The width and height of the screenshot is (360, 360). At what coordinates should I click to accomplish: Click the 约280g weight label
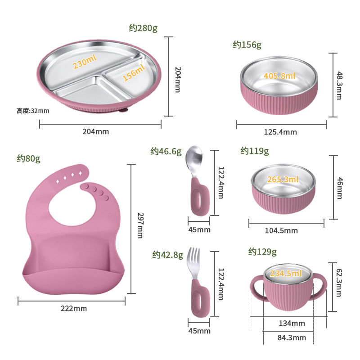(143, 28)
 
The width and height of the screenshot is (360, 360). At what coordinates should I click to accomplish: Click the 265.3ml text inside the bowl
(283, 180)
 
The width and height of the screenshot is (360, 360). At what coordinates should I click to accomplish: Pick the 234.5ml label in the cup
(285, 273)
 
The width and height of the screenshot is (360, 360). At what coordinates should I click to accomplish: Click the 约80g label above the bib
(29, 158)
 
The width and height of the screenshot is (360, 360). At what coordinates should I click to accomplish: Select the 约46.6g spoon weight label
(166, 152)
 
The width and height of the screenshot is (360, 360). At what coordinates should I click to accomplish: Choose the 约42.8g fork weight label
(167, 255)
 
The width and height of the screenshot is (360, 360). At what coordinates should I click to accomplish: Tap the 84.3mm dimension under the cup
(291, 337)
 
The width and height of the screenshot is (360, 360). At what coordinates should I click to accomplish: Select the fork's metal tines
(193, 259)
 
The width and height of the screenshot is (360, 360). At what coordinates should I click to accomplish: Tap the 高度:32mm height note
(33, 110)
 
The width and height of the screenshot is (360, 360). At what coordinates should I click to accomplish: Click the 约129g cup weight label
(262, 252)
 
